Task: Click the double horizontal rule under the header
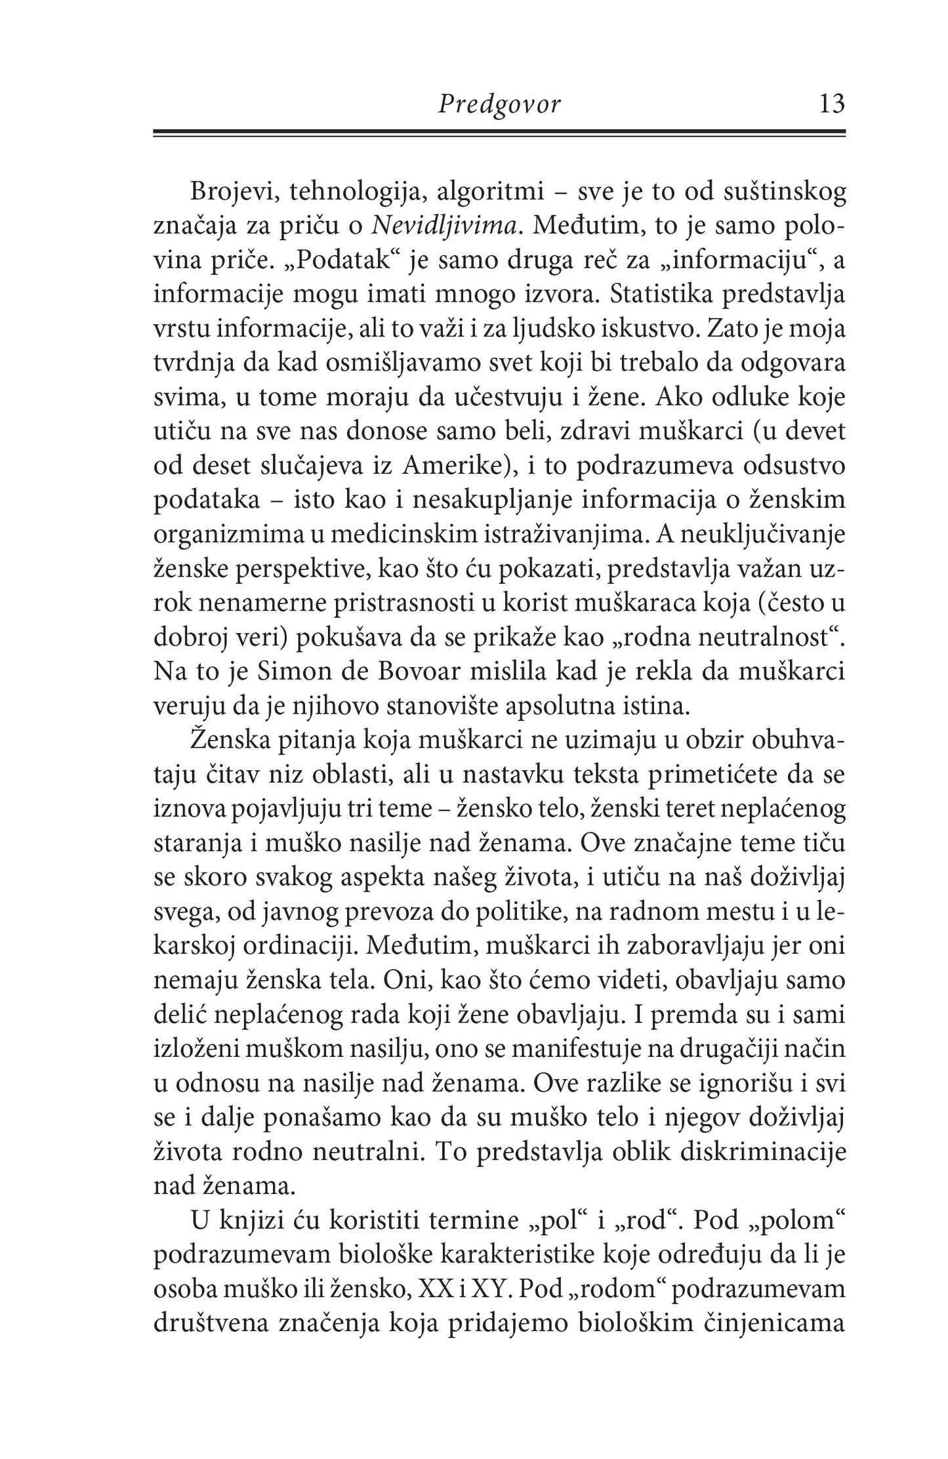pos(499,133)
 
